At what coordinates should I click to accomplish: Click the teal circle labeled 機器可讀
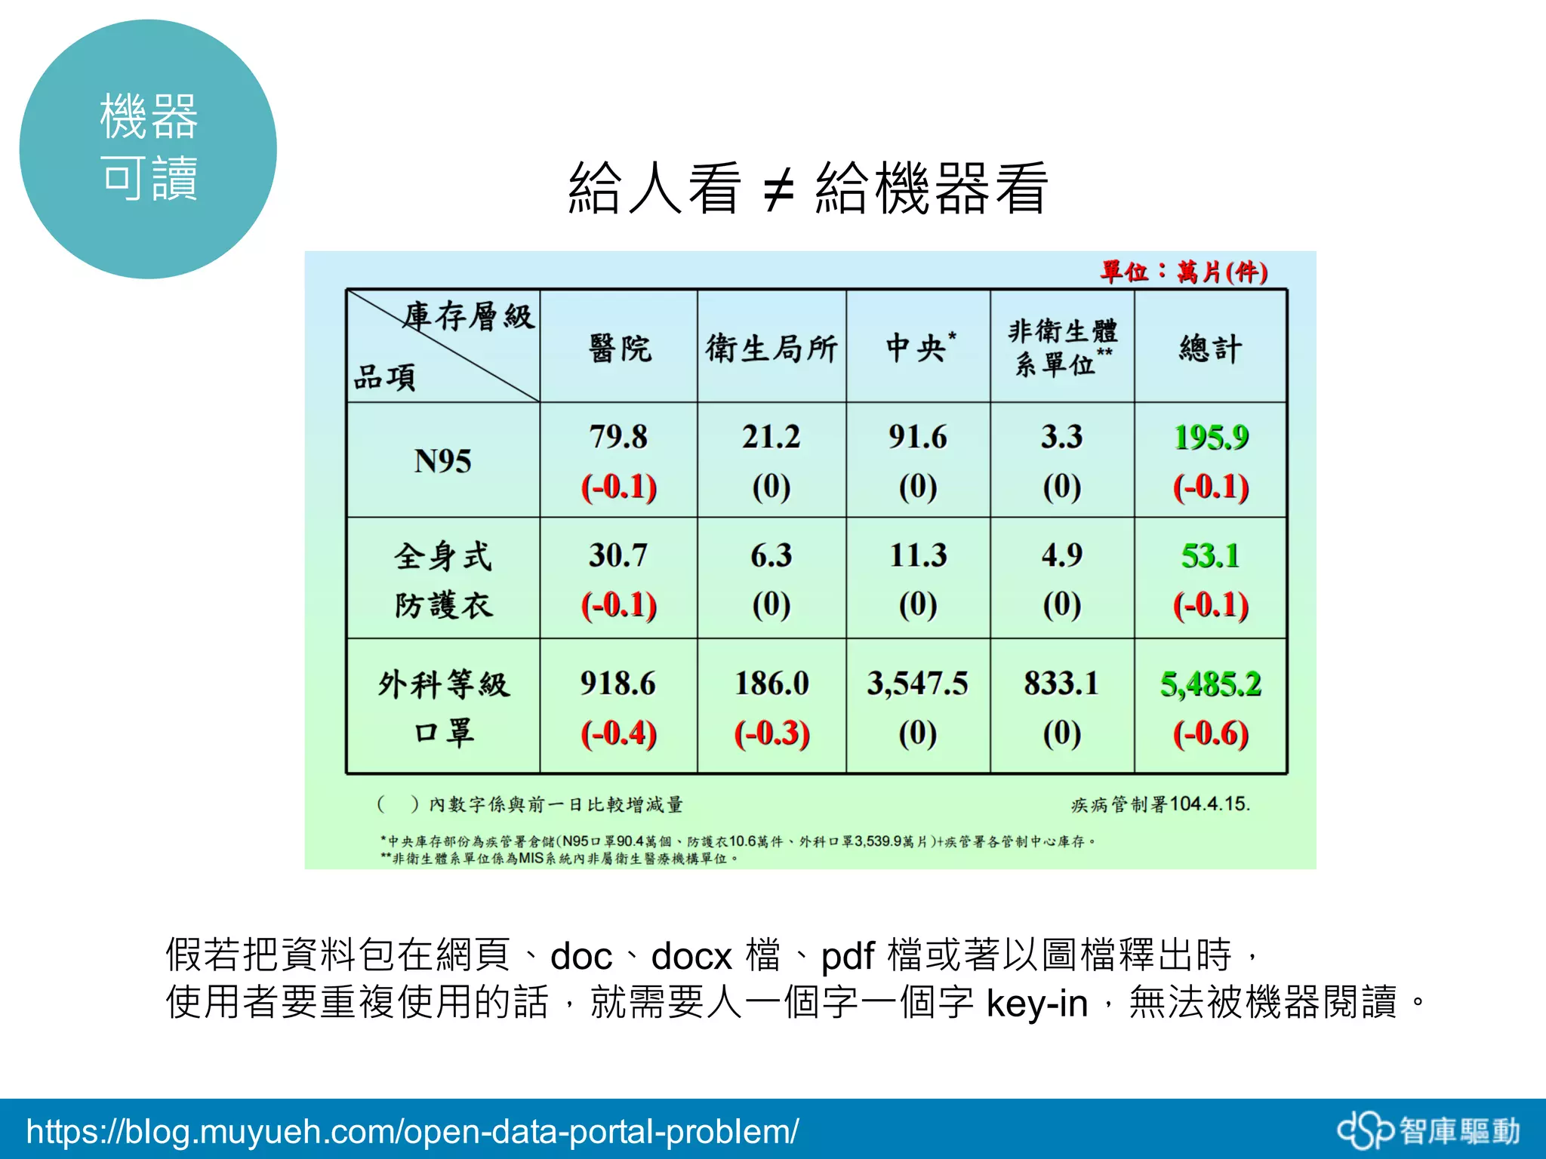coord(148,149)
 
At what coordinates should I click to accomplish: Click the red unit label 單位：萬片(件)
coord(1183,272)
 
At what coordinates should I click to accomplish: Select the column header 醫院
coord(619,349)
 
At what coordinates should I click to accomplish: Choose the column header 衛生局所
coord(771,349)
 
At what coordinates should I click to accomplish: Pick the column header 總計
coord(1210,349)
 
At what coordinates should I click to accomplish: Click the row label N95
coord(443,461)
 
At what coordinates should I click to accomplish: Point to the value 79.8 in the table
coord(618,437)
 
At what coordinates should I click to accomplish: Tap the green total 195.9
coord(1211,437)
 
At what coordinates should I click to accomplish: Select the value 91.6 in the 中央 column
coord(917,437)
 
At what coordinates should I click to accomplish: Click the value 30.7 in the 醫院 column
coord(618,555)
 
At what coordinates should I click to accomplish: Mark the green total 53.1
coord(1210,556)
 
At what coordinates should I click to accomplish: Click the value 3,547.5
coord(917,684)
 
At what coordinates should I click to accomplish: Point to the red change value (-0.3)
coord(771,733)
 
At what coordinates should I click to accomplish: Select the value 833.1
coord(1061,684)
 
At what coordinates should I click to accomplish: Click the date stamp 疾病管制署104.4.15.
coord(1160,804)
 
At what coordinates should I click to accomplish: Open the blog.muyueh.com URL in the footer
coord(412,1131)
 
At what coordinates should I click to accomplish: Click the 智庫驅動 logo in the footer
coord(1428,1131)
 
